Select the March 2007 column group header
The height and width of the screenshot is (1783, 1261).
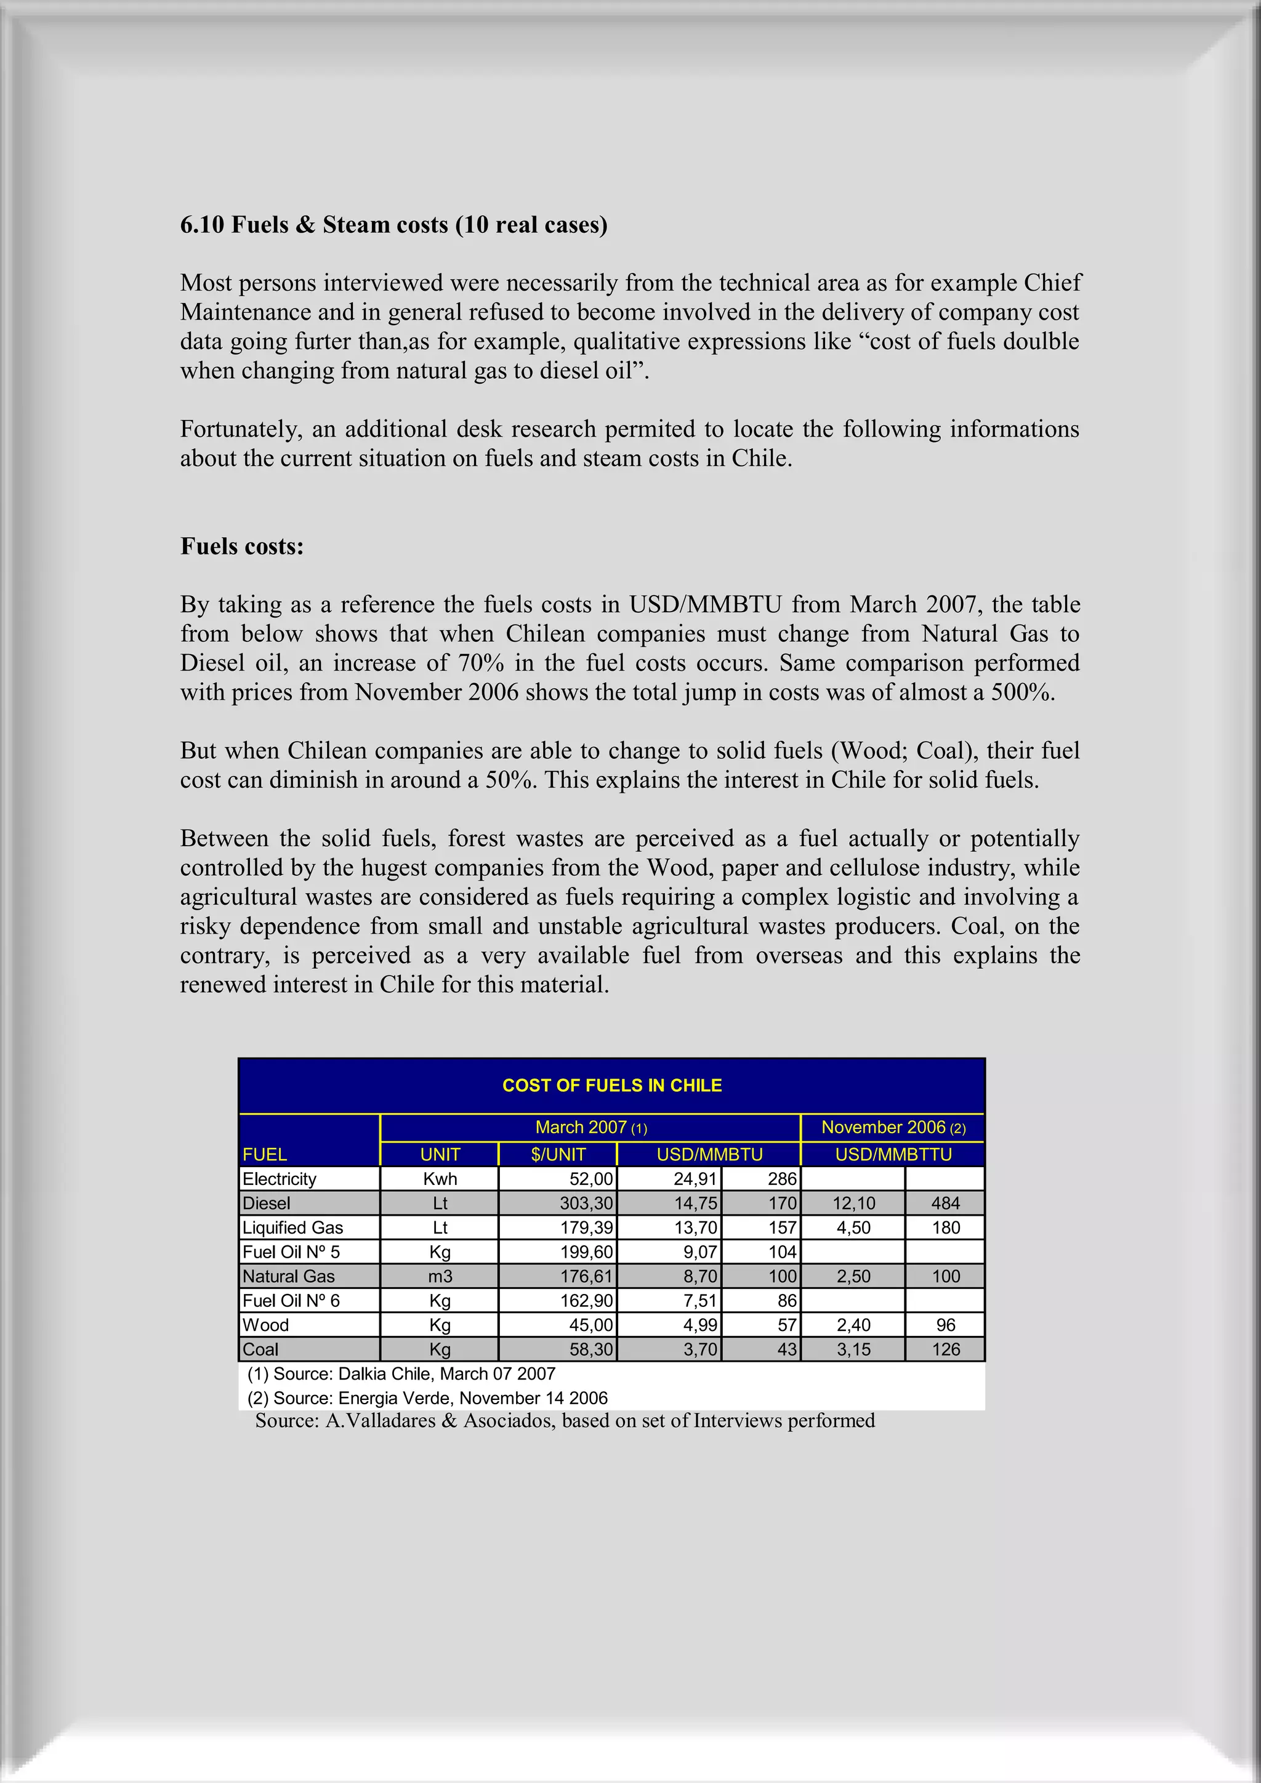pyautogui.click(x=590, y=1127)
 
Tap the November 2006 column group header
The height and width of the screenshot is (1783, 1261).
pyautogui.click(x=892, y=1127)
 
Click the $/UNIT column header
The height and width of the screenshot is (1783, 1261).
pyautogui.click(x=557, y=1154)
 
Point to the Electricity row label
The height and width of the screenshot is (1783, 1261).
pyautogui.click(x=280, y=1179)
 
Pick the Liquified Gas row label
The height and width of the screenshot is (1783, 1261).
pyautogui.click(x=292, y=1227)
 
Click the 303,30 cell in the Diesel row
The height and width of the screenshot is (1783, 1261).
pyautogui.click(x=586, y=1203)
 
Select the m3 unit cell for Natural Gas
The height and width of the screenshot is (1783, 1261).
pyautogui.click(x=440, y=1276)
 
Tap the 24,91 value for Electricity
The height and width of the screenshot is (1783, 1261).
pyautogui.click(x=695, y=1179)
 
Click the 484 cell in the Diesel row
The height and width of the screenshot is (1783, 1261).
pyautogui.click(x=945, y=1203)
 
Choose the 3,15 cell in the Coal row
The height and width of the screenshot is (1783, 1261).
pyautogui.click(x=853, y=1349)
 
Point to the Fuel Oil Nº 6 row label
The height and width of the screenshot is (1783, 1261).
pyautogui.click(x=291, y=1300)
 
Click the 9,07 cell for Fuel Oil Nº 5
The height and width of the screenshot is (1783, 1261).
pyautogui.click(x=699, y=1252)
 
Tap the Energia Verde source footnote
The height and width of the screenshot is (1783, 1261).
pyautogui.click(x=427, y=1398)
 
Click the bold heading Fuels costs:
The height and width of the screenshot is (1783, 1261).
pyautogui.click(x=241, y=546)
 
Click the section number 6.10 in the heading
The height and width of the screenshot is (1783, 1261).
pyautogui.click(x=202, y=224)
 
